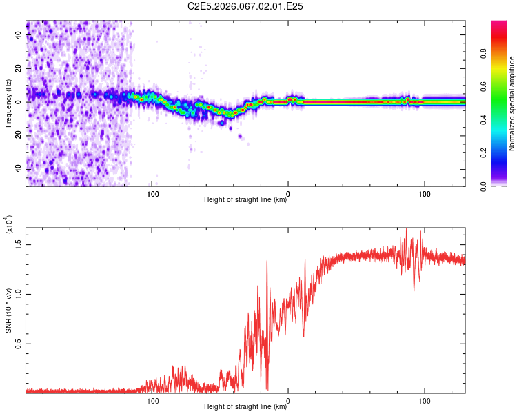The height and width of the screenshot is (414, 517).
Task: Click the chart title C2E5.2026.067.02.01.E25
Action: coord(245,6)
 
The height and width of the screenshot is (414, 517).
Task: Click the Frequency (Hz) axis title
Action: coord(8,103)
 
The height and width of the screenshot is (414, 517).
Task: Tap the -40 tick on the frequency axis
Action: coord(19,169)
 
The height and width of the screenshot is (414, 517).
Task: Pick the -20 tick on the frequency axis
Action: coord(19,135)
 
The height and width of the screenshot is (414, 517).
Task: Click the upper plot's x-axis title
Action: coord(245,200)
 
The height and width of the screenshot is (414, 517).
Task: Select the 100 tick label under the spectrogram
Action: coord(425,193)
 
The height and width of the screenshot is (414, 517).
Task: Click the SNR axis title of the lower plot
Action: coord(8,310)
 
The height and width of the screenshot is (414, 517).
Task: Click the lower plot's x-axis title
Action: coord(245,407)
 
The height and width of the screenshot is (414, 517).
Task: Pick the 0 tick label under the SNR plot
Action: coord(288,400)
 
